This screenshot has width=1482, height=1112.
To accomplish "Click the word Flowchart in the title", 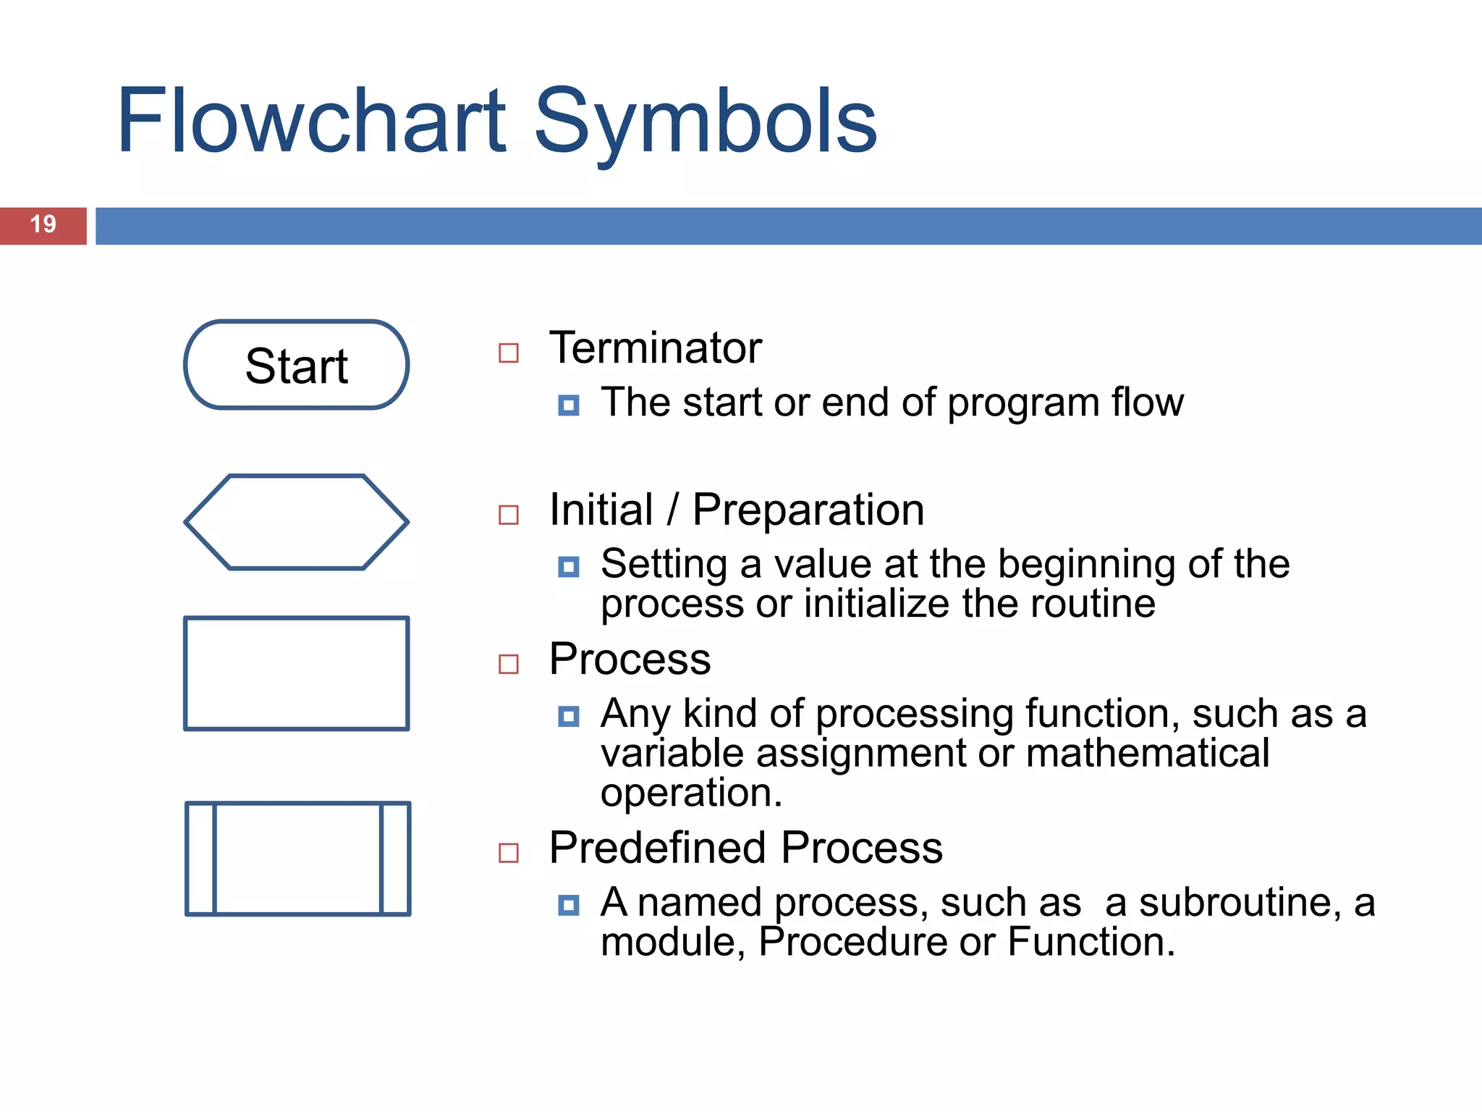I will click(311, 121).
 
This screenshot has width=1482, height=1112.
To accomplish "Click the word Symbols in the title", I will click(706, 121).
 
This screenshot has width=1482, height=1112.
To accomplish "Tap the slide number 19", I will click(43, 224).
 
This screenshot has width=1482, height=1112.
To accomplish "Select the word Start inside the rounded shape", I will click(296, 366).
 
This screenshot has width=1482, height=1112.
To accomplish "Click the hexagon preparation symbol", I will click(296, 522).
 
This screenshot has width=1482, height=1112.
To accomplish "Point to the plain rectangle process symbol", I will click(296, 673).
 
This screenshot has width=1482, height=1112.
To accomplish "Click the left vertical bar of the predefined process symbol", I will click(201, 859).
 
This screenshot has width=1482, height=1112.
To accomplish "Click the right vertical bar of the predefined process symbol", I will click(395, 859).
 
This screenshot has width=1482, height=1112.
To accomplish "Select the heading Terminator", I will click(655, 348).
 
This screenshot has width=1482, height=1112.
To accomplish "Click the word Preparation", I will click(808, 510).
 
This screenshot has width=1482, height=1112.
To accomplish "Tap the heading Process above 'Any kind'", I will click(630, 660).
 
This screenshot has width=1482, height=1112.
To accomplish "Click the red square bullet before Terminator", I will click(509, 353).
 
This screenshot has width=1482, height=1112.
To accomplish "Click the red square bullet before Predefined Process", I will click(509, 853).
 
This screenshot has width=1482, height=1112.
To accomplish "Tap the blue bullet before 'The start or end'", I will click(569, 405).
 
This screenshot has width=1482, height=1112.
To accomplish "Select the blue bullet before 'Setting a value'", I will click(569, 567).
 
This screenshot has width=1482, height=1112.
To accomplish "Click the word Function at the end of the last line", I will click(1089, 943).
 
